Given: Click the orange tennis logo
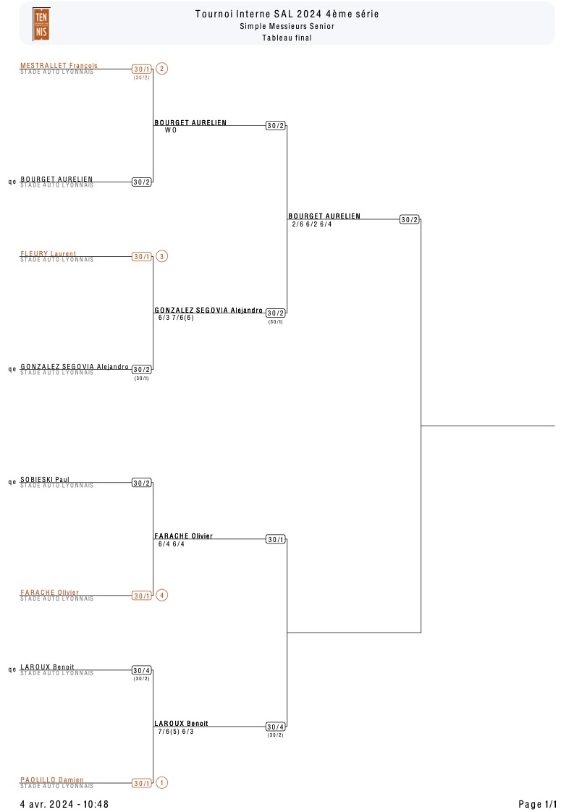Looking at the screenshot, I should (41, 24).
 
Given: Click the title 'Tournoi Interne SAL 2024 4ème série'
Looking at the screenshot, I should (287, 14).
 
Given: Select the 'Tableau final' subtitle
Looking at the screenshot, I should (287, 38).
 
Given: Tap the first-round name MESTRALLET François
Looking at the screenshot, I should (59, 66).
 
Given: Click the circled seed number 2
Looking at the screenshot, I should (161, 69).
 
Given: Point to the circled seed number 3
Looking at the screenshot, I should (161, 256).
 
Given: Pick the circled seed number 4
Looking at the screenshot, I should (161, 595).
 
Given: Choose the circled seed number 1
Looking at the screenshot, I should (161, 782).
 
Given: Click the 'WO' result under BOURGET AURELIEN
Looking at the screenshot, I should (170, 130).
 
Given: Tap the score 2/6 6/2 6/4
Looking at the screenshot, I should (312, 224).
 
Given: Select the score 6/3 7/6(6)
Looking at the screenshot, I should (176, 318).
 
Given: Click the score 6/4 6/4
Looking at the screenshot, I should (172, 544).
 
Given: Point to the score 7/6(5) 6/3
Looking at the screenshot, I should (176, 732).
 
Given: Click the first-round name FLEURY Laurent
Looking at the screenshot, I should (48, 253).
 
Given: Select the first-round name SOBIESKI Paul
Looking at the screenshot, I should (45, 479).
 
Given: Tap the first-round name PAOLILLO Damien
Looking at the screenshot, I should (52, 780).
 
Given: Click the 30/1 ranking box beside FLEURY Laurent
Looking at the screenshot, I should (142, 257).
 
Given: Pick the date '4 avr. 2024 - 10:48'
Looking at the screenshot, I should (64, 804).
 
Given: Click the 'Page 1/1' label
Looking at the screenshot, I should (538, 804).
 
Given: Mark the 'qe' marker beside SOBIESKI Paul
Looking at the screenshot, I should (12, 482).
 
